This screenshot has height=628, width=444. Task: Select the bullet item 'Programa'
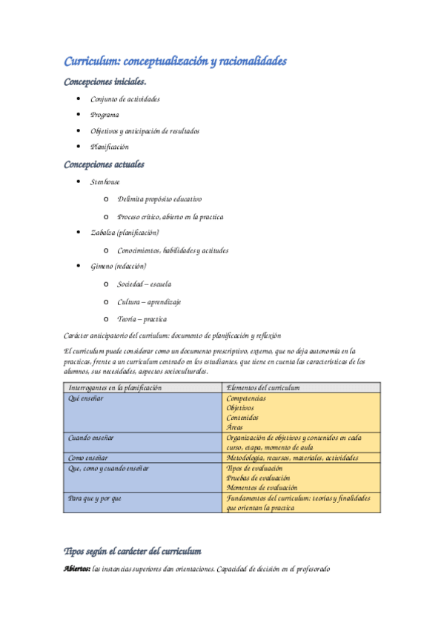point(105,115)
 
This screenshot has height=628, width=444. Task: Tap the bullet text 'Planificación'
point(110,147)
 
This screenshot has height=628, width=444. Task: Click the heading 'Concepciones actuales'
point(105,164)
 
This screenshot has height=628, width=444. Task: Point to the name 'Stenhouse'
point(105,182)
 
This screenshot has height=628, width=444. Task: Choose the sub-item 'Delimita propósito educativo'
point(159,199)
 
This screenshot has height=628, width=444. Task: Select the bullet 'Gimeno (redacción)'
point(119,266)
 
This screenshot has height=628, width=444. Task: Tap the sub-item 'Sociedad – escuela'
point(145,284)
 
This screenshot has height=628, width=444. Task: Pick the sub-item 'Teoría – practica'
point(142,319)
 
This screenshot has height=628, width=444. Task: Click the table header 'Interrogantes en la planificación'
point(115,387)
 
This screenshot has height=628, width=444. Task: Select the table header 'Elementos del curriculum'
point(262,387)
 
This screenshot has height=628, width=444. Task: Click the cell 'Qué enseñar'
point(86,398)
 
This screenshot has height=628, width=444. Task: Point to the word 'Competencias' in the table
point(247,398)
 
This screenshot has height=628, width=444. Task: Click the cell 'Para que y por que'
point(95,498)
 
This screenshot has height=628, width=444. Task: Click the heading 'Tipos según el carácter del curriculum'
point(133,551)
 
